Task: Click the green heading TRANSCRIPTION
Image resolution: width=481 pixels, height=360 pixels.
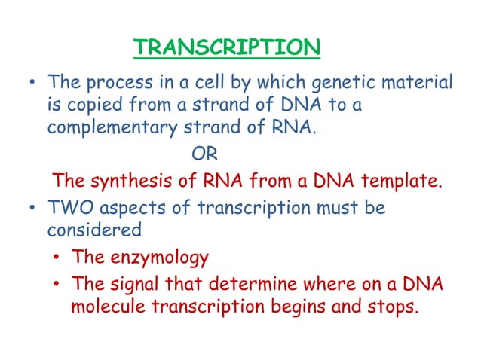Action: tap(226, 49)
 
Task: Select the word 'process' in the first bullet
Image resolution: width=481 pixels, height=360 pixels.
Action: tap(115, 81)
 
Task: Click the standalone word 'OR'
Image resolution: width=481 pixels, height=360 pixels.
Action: tap(204, 155)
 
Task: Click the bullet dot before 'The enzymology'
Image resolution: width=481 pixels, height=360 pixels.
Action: tap(57, 258)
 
